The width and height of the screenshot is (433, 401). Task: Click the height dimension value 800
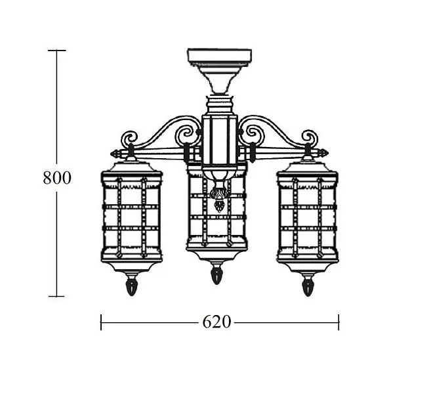pos(57,178)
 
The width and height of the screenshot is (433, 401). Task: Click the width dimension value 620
pos(216,322)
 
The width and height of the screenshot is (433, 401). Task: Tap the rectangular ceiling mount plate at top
pos(220,56)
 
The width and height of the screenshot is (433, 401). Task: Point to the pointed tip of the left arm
pos(111,154)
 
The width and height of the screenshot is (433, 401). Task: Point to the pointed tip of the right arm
pos(328,153)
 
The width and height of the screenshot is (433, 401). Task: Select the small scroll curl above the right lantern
pos(310,138)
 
